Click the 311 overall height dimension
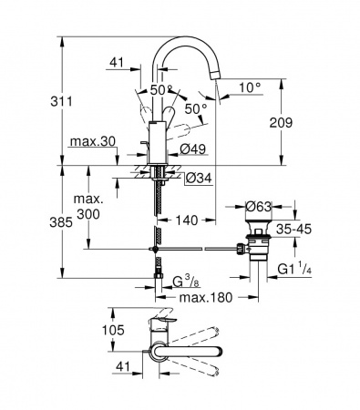pos(61,101)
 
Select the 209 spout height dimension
pos(281,122)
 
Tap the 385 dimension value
pos(61,222)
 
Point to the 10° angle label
pos(250,87)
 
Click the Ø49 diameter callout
pos(193,149)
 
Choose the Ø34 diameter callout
pos(199,179)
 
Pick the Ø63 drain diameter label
pos(258,207)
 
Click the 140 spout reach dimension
pos(187,220)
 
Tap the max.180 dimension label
pos(206,298)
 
